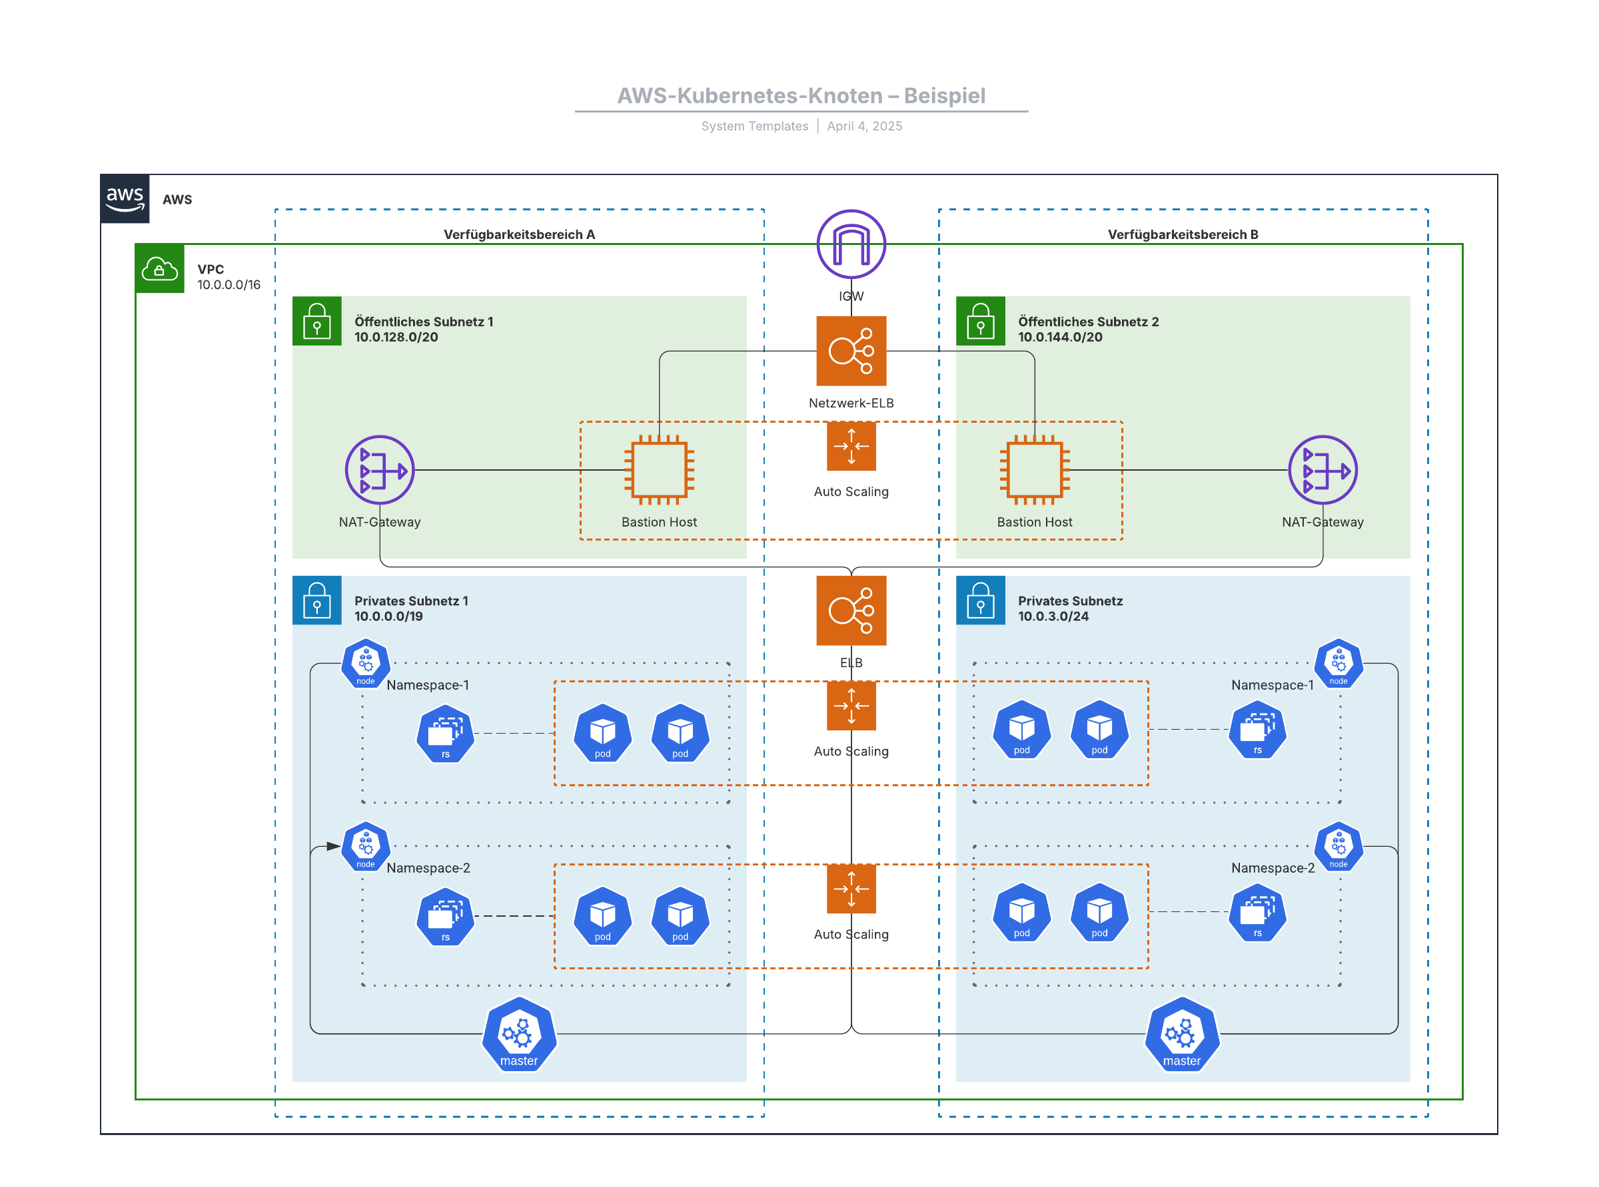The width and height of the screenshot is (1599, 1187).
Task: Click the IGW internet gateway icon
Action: click(x=851, y=244)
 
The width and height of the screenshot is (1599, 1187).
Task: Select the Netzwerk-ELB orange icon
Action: click(x=851, y=351)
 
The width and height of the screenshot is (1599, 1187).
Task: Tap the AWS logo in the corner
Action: click(x=125, y=198)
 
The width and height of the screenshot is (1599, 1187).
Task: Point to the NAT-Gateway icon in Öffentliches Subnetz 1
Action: click(x=380, y=470)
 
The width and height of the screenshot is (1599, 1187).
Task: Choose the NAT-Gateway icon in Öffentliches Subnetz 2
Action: click(x=1323, y=470)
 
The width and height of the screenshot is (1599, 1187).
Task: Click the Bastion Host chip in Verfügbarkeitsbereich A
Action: click(x=658, y=470)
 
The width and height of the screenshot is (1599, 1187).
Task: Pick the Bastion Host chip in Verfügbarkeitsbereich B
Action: click(x=1034, y=470)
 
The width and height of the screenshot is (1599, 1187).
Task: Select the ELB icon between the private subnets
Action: click(x=851, y=610)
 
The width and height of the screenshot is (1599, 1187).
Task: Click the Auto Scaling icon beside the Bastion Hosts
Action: click(x=851, y=446)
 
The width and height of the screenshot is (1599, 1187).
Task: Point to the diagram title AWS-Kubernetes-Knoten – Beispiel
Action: click(x=801, y=96)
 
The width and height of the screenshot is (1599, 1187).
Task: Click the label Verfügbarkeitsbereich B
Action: click(x=1183, y=234)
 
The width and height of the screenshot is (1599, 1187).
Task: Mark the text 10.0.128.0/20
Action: click(x=396, y=337)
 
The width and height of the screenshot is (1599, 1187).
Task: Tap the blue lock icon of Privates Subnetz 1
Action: click(x=317, y=600)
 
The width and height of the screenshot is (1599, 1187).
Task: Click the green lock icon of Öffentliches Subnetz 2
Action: click(x=980, y=321)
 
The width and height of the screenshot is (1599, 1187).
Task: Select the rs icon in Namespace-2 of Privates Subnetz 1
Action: click(x=445, y=917)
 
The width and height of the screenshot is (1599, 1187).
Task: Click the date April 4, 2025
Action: click(x=864, y=126)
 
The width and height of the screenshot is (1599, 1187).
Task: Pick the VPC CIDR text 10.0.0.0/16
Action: click(x=229, y=284)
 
